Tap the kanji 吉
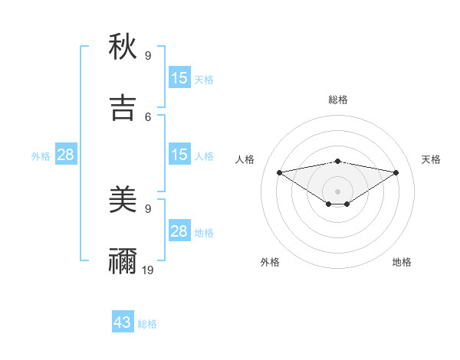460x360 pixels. tap(123, 108)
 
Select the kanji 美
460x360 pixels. tap(123, 201)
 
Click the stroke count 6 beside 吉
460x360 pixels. tap(148, 116)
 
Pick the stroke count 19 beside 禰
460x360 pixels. tap(148, 270)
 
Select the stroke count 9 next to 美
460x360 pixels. tap(148, 208)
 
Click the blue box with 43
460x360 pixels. tap(123, 322)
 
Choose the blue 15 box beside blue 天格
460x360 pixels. tap(179, 78)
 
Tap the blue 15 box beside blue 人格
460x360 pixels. tap(179, 155)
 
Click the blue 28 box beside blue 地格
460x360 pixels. tap(179, 231)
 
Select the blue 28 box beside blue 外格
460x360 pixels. tap(66, 155)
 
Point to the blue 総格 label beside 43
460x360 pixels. tap(147, 324)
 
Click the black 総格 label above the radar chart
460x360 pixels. tap(338, 100)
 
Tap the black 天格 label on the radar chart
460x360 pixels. tap(432, 159)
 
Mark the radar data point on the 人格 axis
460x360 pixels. tap(279, 172)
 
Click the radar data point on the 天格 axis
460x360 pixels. tap(396, 172)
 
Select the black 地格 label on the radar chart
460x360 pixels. tap(402, 262)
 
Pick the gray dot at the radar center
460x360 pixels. tap(338, 191)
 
